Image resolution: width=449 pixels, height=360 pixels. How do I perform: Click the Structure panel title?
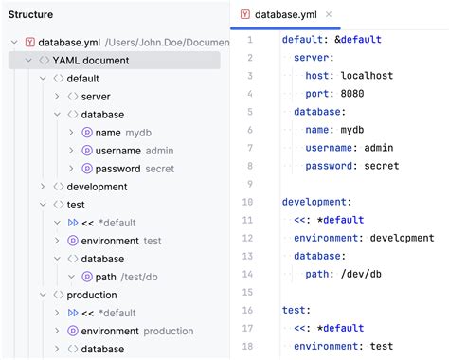[x=31, y=15]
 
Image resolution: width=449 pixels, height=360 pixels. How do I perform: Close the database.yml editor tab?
[x=329, y=15]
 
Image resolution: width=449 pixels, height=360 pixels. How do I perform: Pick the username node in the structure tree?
[x=117, y=151]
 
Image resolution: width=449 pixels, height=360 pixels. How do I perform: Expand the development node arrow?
[x=42, y=187]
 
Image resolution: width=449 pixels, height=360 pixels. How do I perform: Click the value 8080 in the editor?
[x=351, y=94]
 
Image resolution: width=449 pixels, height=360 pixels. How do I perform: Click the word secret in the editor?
[x=382, y=166]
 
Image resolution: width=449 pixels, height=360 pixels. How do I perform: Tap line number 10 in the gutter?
[x=247, y=202]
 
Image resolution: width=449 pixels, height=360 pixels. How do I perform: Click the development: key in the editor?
[x=316, y=202]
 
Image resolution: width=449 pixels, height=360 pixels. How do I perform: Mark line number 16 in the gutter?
[x=247, y=310]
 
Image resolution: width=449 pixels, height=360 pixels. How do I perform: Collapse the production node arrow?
[x=42, y=295]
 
